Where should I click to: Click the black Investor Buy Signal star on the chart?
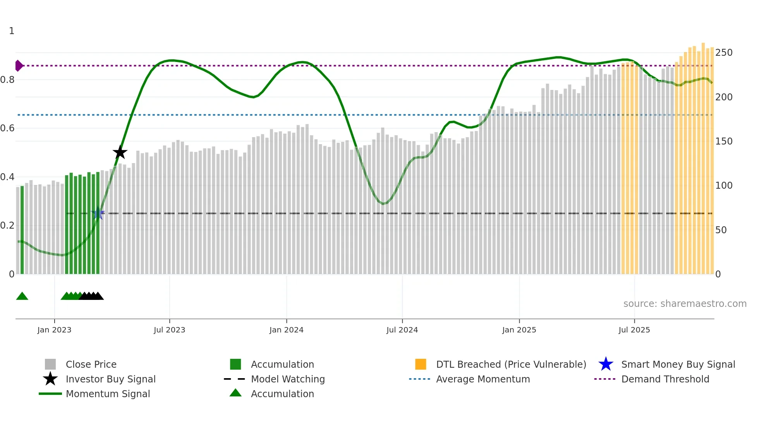pos(120,152)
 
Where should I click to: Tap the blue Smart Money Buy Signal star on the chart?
pos(98,213)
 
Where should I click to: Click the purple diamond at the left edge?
pos(19,66)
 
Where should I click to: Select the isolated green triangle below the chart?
pos(22,296)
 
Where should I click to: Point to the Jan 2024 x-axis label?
pos(286,330)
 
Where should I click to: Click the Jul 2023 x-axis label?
pos(169,330)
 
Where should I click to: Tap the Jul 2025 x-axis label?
pos(634,330)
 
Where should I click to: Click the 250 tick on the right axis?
pos(723,53)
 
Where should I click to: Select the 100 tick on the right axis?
pos(723,186)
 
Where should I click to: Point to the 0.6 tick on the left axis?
pos(8,128)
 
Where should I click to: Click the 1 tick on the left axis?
pos(12,31)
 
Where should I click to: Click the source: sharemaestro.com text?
pos(685,304)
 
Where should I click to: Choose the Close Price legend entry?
pos(91,364)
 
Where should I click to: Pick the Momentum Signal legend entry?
pos(108,394)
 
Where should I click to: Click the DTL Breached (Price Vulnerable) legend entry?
pos(511,364)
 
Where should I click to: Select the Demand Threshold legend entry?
pos(665,379)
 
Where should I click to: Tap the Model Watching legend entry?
pos(288,379)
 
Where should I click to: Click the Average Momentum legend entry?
pos(483,379)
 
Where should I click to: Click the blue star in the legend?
pos(606,364)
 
